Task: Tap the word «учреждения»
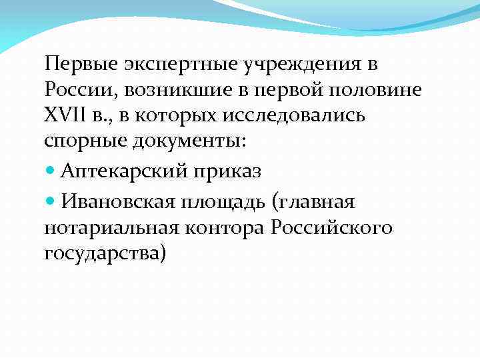coord(293,65)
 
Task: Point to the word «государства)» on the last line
coord(104,254)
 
